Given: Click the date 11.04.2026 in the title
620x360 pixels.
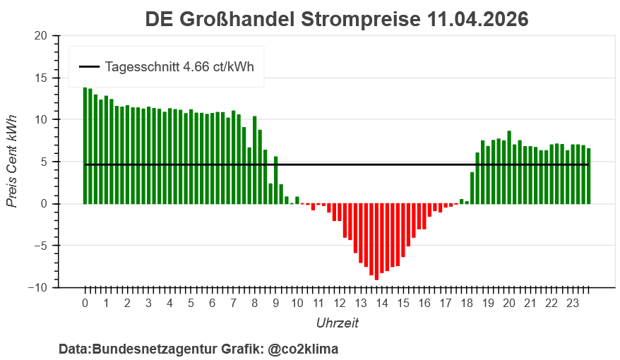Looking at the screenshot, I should pos(477,19).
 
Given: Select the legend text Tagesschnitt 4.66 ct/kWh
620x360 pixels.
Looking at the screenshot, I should pos(179,67).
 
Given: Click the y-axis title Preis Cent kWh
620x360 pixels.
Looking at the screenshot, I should pos(12,162).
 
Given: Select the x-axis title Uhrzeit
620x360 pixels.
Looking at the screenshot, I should pos(337,323).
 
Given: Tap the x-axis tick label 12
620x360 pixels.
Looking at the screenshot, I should pos(339,304).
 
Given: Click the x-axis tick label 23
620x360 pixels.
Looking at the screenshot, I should pos(573,304).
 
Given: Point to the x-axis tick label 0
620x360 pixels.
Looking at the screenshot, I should pos(85,304).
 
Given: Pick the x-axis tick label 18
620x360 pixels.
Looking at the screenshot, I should pos(467,304).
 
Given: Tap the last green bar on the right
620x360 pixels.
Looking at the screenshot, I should pos(588,176).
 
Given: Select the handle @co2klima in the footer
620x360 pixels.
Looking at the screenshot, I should pos(303,349).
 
